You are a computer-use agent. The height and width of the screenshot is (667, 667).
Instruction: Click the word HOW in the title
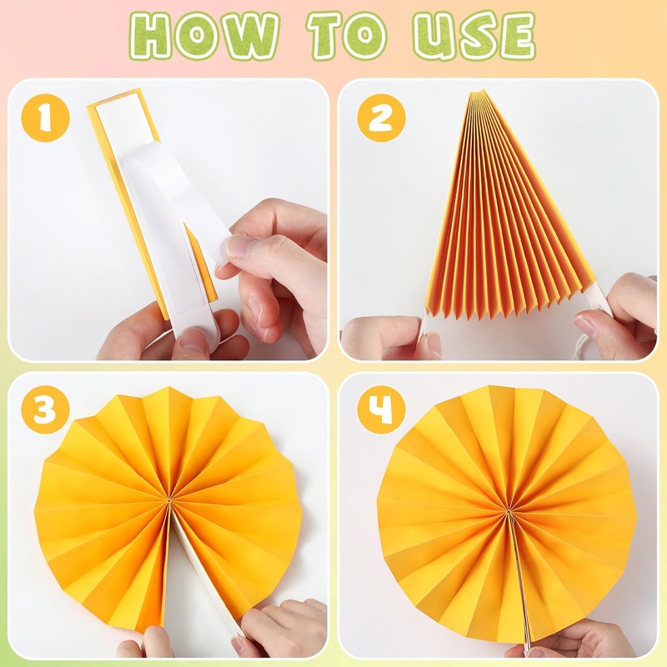click(203, 35)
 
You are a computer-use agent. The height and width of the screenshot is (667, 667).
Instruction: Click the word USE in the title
click(474, 35)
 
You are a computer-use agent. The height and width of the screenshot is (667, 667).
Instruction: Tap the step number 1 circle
click(45, 118)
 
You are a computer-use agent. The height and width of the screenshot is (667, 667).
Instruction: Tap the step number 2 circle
click(381, 118)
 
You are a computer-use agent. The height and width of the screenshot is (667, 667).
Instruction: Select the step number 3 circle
click(45, 409)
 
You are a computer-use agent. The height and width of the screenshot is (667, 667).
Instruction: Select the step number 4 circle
click(381, 409)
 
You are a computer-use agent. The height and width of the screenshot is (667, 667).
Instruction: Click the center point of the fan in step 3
click(169, 501)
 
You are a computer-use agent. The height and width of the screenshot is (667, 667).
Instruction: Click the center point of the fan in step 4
click(509, 509)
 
